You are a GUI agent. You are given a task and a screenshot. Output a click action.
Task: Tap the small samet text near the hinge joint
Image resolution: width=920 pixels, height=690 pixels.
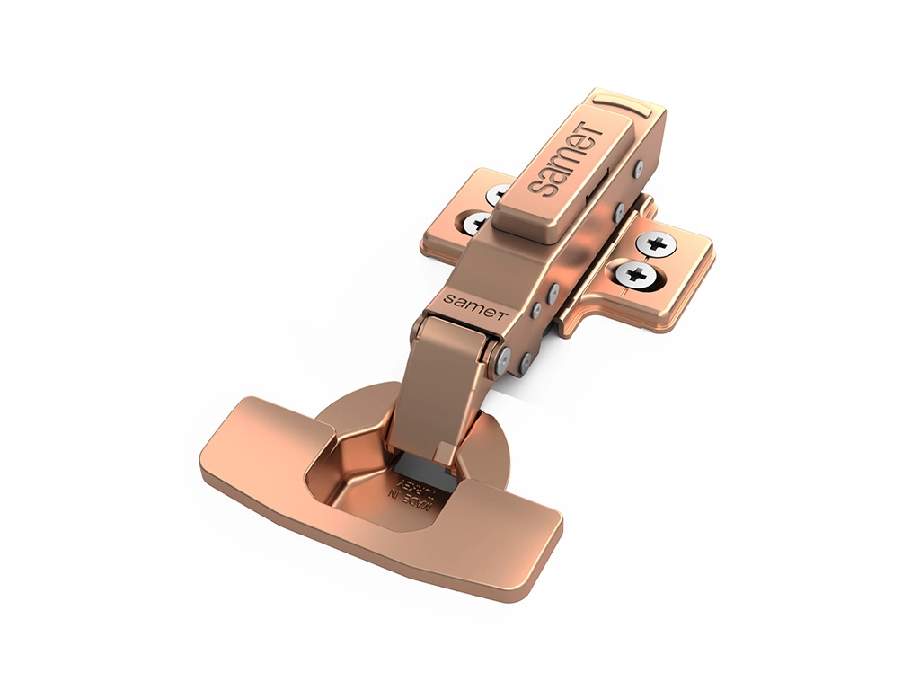(475, 305)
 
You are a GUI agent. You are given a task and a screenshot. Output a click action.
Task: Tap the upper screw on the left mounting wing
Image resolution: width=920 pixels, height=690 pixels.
(500, 194)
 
